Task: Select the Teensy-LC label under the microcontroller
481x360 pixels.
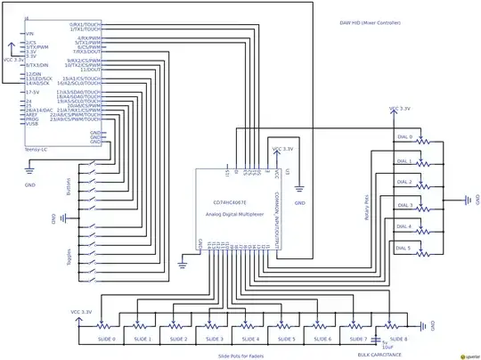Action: (x=38, y=148)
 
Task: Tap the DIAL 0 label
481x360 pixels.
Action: (x=404, y=136)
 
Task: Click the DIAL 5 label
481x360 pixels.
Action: (x=404, y=247)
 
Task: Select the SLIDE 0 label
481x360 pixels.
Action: (x=108, y=340)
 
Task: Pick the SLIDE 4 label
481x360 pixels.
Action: (x=250, y=340)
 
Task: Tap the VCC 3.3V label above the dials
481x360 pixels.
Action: (x=400, y=109)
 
